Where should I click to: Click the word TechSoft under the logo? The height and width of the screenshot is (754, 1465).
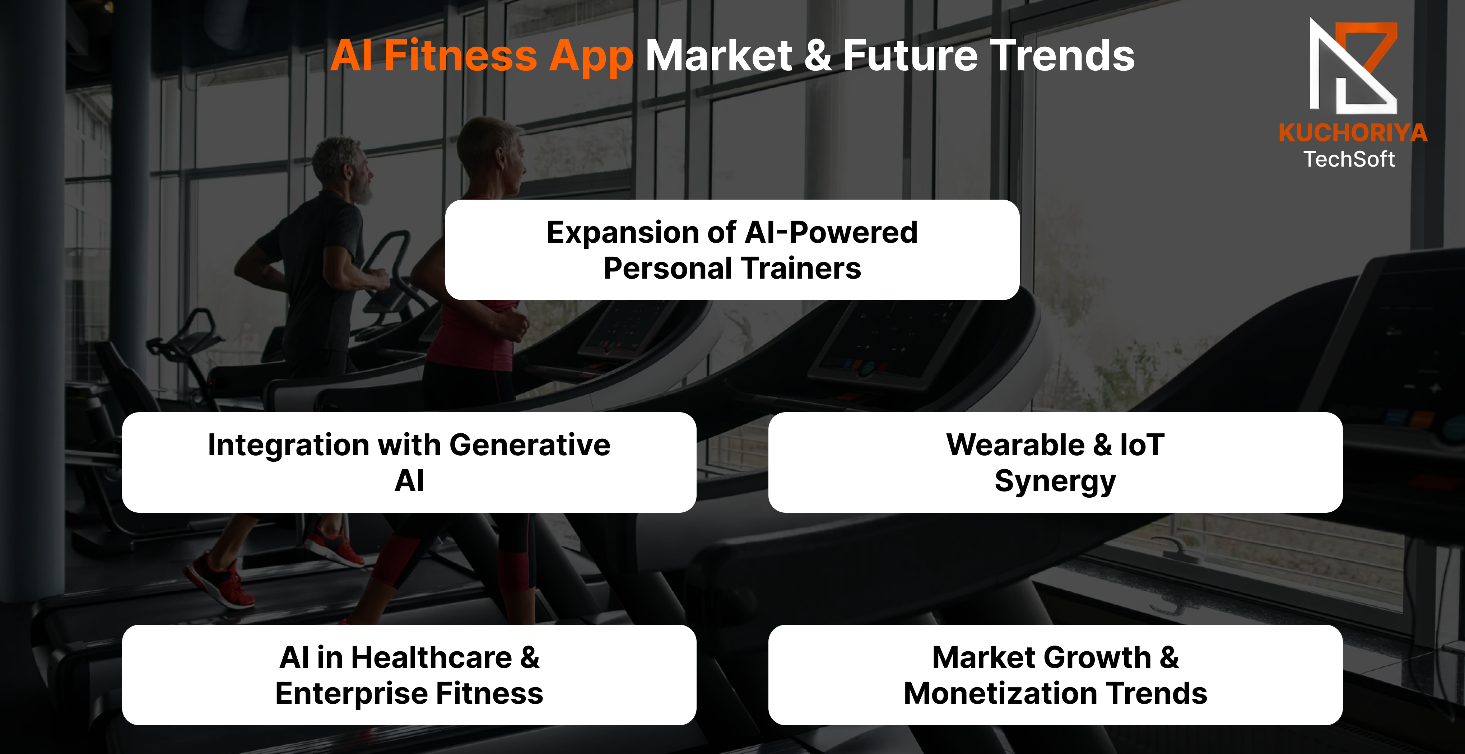pos(1349,159)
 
